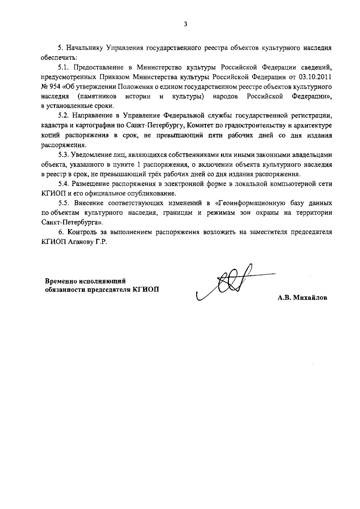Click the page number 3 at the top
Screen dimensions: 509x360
(185, 24)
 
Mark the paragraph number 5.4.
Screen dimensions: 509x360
(64, 184)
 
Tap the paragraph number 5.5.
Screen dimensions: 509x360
(64, 203)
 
